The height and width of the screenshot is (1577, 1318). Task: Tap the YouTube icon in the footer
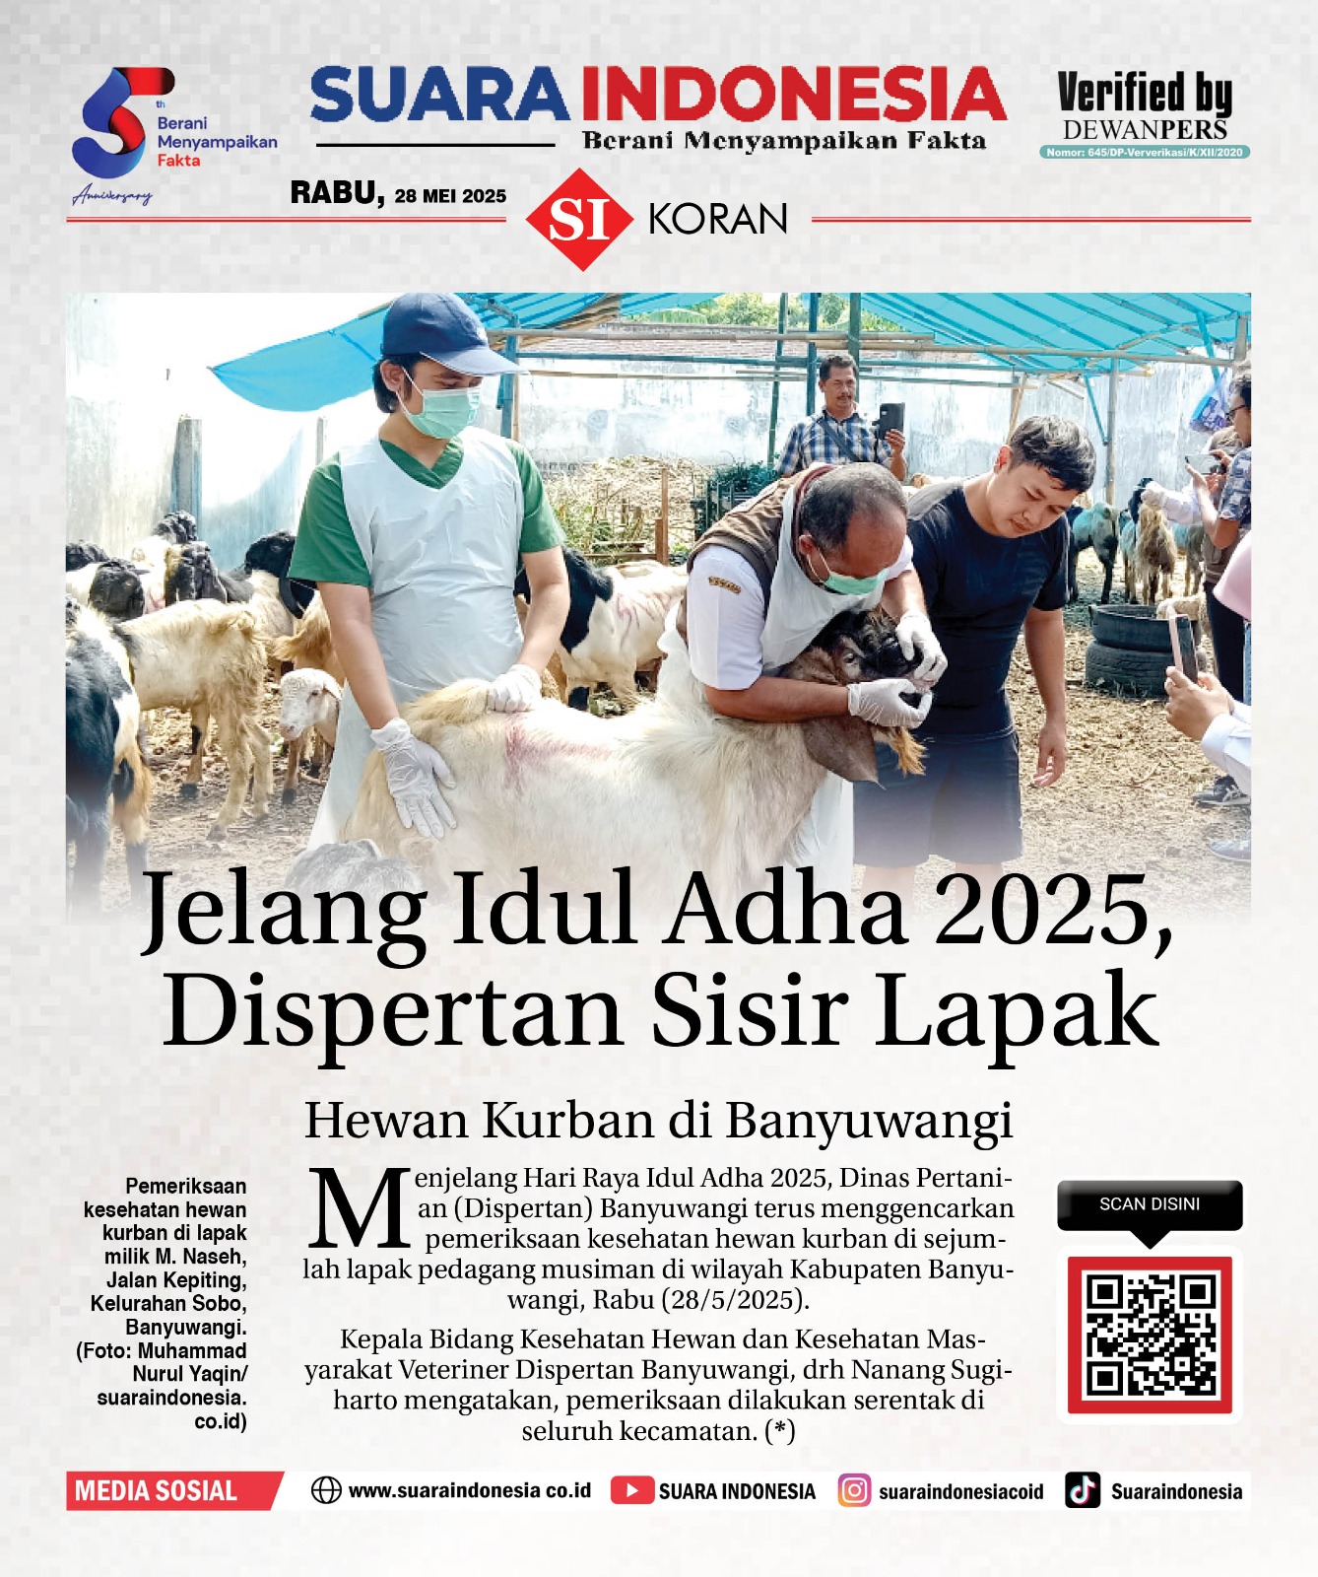click(x=631, y=1490)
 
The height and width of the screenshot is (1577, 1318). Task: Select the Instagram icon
click(x=854, y=1490)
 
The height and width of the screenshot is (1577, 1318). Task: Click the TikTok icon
click(x=1083, y=1490)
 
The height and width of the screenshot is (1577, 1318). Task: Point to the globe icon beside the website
click(x=326, y=1490)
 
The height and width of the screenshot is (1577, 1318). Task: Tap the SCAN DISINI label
click(x=1150, y=1203)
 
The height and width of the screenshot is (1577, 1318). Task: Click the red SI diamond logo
click(x=579, y=219)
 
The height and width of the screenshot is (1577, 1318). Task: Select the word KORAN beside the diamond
click(x=718, y=219)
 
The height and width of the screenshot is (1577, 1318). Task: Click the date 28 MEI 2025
click(x=450, y=196)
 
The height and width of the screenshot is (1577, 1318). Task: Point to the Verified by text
click(x=1145, y=94)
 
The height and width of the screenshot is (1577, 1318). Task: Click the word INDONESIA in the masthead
click(x=793, y=95)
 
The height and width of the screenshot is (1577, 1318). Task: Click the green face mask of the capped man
click(x=442, y=409)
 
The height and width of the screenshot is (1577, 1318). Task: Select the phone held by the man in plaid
click(x=890, y=418)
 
